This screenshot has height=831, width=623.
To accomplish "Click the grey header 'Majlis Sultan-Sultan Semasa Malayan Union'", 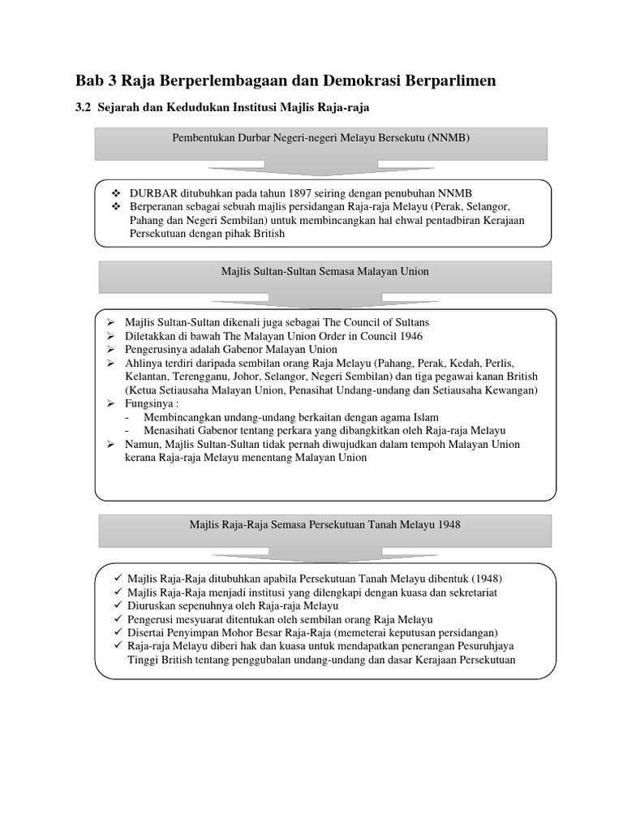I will point(324,272).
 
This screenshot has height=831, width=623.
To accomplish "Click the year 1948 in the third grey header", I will point(447,524).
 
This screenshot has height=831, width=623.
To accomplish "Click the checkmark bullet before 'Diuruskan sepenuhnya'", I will point(118,605).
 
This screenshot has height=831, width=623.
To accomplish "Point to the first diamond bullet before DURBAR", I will point(115,195).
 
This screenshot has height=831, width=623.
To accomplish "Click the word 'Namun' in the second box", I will point(145,444).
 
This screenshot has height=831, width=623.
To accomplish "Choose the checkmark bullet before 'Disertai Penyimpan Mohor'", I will point(118,632).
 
